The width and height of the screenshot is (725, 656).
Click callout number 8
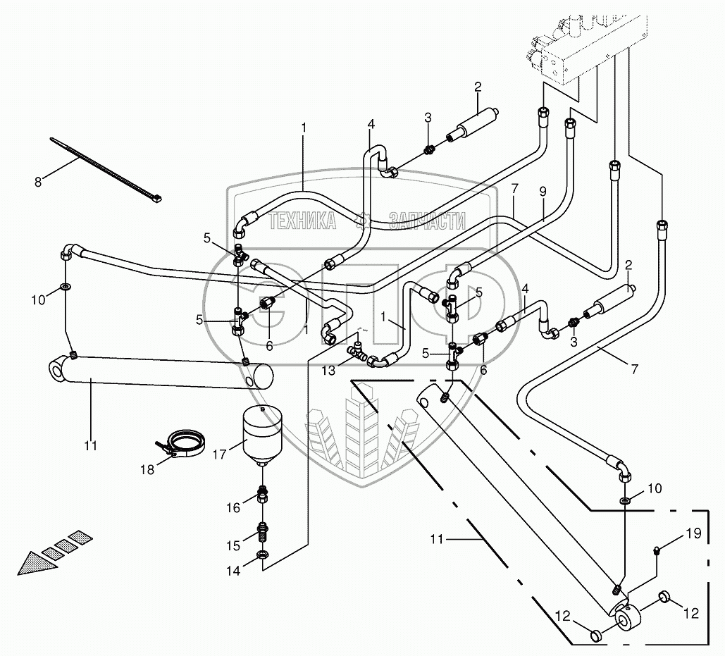tap(39, 181)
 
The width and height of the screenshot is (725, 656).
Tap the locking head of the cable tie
tap(155, 199)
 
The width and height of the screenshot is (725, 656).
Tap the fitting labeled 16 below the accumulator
tap(262, 494)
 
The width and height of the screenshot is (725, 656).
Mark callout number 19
tap(694, 533)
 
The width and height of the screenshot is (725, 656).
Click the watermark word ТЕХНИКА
tap(302, 222)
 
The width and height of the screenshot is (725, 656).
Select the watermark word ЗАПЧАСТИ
tap(427, 222)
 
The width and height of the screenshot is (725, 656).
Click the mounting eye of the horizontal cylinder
tap(58, 371)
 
